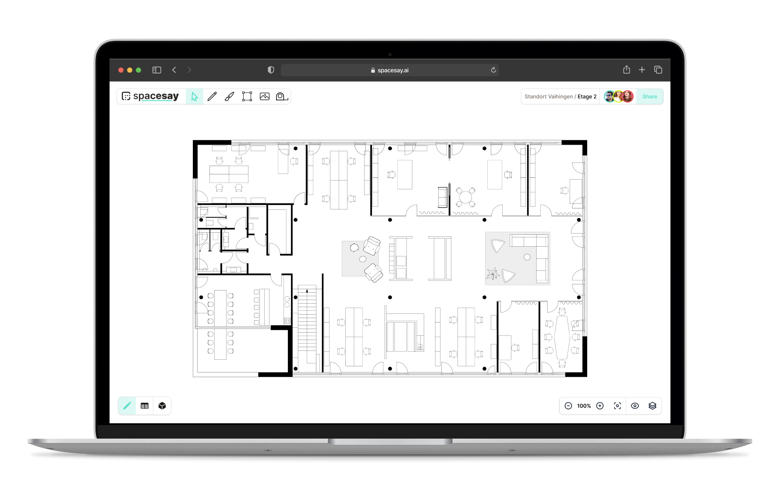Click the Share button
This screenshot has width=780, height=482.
[649, 96]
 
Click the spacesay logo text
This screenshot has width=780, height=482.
[156, 96]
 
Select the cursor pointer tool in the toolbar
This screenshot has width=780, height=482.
[195, 96]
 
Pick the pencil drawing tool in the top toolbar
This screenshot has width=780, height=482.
[212, 96]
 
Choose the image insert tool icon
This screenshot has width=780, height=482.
[265, 96]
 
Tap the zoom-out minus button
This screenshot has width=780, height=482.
[568, 406]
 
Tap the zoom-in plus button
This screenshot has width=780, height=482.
[600, 406]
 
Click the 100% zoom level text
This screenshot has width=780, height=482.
[584, 406]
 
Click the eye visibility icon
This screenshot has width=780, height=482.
[635, 406]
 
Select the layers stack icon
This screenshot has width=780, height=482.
[652, 406]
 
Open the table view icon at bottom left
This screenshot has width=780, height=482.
[145, 406]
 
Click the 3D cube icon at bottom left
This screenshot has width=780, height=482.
[162, 406]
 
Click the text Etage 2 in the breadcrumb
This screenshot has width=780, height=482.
[587, 96]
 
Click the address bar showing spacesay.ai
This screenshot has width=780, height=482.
[390, 70]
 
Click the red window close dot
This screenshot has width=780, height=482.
[121, 70]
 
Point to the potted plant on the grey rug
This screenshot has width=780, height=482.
[493, 274]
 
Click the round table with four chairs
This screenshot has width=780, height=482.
[465, 197]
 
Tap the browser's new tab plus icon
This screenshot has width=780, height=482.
[642, 70]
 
